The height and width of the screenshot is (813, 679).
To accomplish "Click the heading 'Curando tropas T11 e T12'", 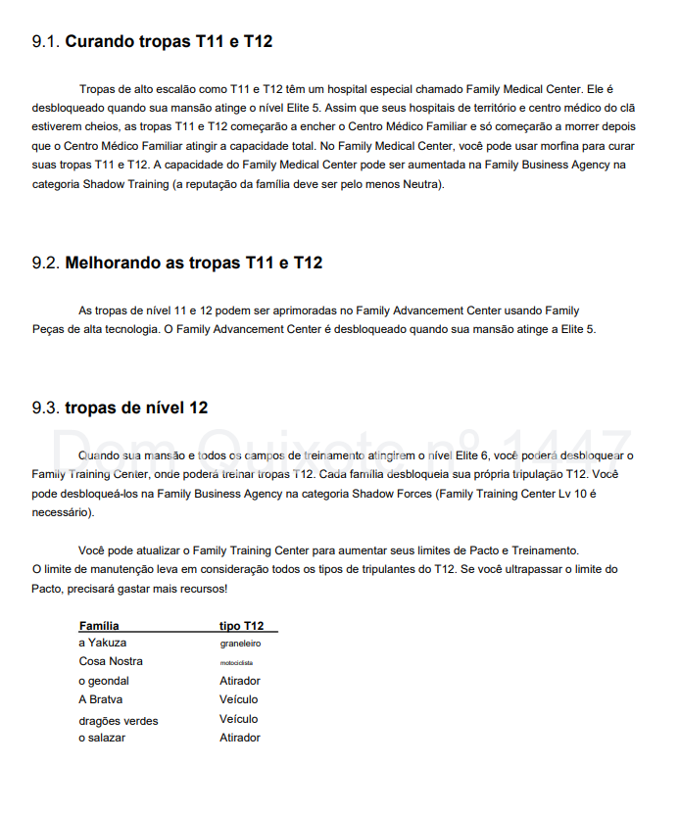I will tap(169, 41).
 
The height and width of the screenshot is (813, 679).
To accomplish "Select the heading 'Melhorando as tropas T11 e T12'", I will tap(193, 263).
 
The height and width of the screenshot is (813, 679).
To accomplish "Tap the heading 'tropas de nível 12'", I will tap(136, 407).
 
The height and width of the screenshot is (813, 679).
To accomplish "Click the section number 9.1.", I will tap(46, 41).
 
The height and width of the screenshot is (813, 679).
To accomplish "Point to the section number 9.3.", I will tap(46, 407).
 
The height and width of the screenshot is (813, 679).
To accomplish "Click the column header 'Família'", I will tap(99, 625).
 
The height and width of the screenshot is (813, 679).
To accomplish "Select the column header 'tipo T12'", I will tap(241, 625).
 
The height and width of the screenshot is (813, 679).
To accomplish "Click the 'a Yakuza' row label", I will tap(103, 643).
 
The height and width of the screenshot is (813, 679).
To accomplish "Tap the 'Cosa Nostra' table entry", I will tap(111, 661).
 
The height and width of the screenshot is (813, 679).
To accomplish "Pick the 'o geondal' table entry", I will tap(104, 681).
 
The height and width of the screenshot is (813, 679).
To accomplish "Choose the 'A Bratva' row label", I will tap(101, 699).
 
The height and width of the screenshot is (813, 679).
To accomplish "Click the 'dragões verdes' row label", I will tap(119, 720).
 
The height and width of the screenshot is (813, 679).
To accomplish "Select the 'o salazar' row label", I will tap(102, 738).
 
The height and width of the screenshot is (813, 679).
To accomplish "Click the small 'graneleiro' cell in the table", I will tap(240, 644).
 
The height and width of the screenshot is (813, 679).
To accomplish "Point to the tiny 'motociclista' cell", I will tap(236, 662).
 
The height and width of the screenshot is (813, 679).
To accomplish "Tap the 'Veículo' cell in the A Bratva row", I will tap(238, 699).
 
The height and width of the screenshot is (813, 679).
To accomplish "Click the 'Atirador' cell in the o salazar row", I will tap(240, 738).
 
